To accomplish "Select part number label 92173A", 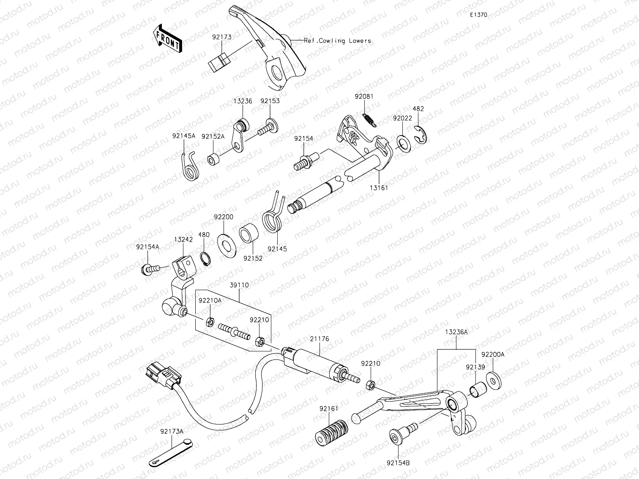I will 172,431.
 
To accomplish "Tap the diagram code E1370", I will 478,14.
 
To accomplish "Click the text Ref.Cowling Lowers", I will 337,41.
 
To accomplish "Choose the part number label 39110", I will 239,285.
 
